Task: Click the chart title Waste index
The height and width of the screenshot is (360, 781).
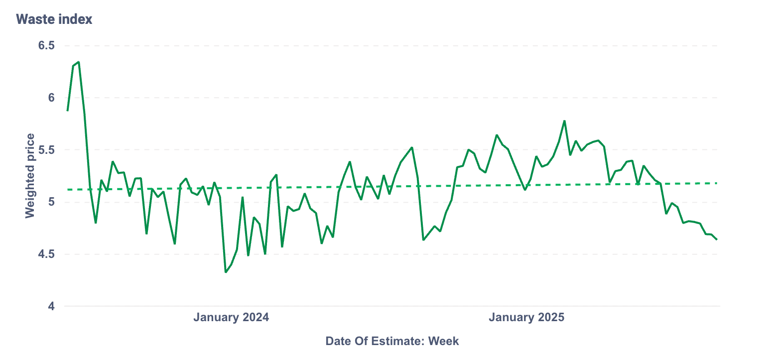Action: [54, 19]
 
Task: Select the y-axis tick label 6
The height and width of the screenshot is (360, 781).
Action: [51, 98]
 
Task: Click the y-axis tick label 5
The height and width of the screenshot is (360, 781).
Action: [51, 202]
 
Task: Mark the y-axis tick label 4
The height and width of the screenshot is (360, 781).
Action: [51, 307]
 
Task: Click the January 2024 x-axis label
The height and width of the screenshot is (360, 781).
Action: [231, 318]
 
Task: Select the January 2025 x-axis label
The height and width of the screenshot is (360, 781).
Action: [526, 318]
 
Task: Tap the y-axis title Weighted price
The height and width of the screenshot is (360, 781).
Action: [30, 175]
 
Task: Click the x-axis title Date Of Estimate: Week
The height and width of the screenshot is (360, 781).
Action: [392, 341]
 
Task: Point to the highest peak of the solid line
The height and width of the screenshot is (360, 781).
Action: [79, 62]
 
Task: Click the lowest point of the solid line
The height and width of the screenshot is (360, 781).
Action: [226, 272]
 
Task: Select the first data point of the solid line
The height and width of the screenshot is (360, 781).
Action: [67, 111]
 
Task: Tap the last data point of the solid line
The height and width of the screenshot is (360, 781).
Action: [717, 240]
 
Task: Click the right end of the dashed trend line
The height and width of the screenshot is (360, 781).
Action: [717, 183]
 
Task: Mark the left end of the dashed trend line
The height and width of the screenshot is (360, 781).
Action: [67, 190]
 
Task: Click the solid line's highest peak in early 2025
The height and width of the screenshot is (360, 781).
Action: [564, 120]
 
